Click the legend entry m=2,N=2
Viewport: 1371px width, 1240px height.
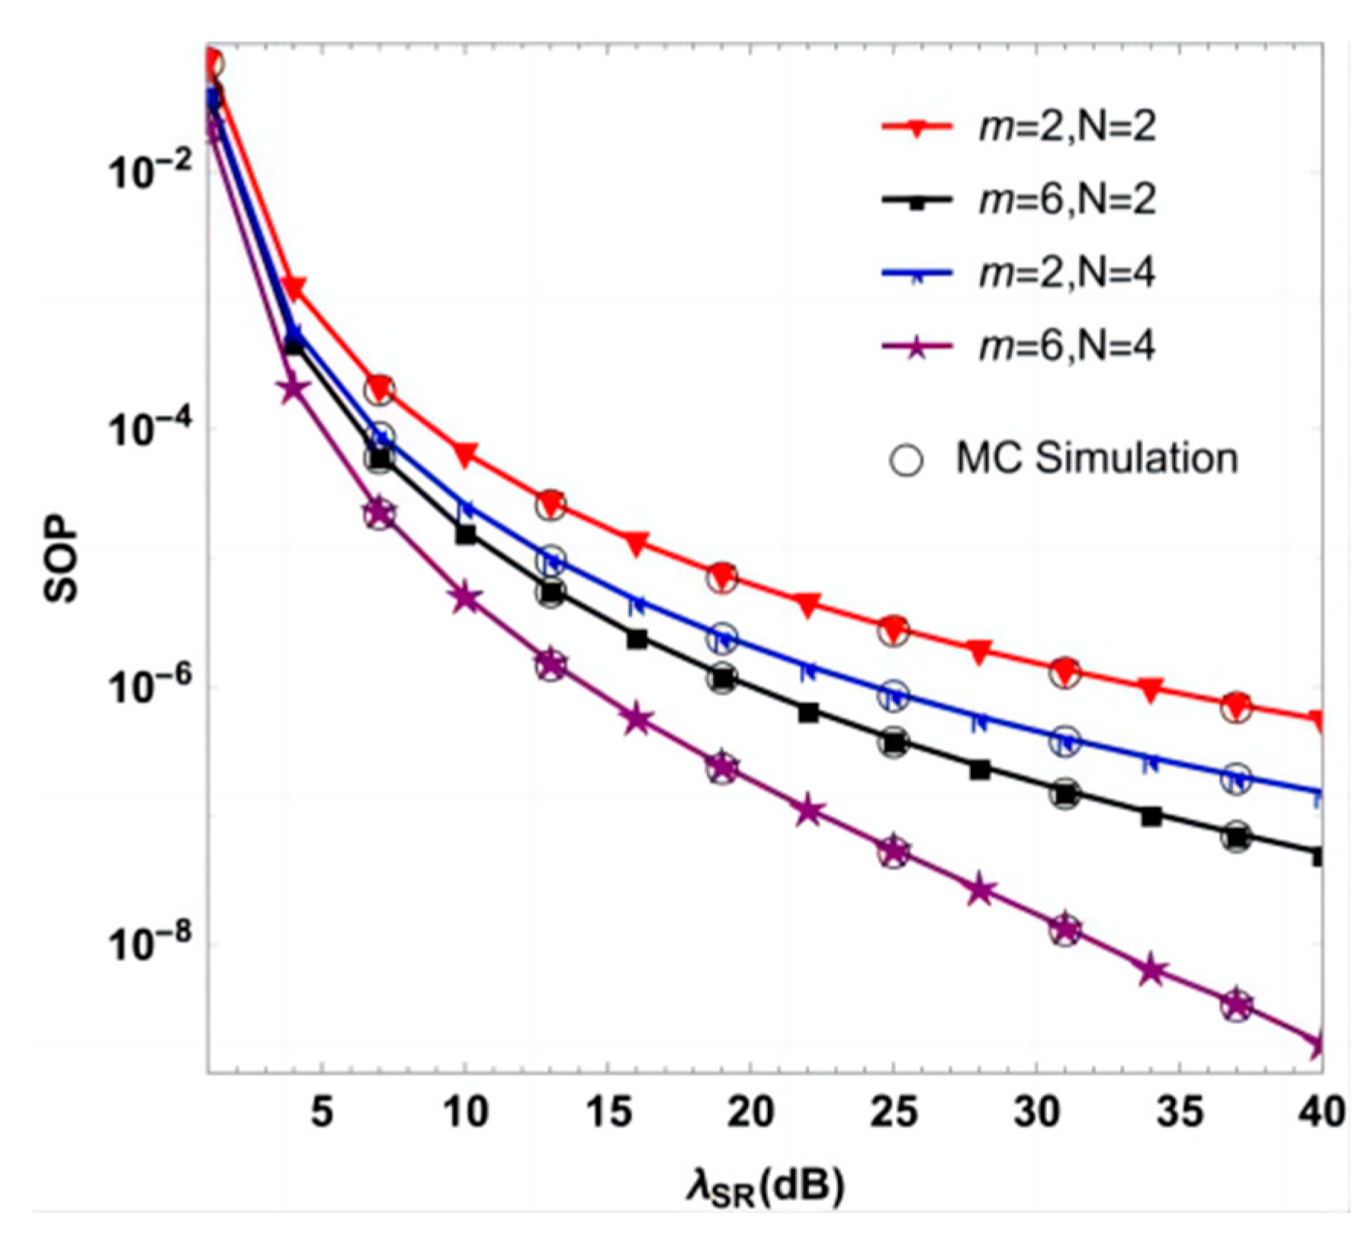(1066, 126)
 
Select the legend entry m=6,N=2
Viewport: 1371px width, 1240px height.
(1066, 200)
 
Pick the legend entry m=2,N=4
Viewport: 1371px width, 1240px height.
(1066, 273)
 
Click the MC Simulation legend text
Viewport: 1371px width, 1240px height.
(1096, 458)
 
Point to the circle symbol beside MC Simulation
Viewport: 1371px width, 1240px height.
(906, 460)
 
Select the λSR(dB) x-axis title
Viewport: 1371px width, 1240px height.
(765, 1188)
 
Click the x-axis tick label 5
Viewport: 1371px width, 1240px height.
(322, 1112)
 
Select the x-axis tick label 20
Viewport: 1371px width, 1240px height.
(750, 1112)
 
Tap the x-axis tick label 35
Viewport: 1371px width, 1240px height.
(1179, 1112)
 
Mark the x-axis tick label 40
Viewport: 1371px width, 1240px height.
(1321, 1112)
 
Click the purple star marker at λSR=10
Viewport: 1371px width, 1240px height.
(466, 598)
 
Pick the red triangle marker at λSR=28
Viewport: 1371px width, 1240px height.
(980, 651)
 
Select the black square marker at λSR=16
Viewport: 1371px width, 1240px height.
(637, 639)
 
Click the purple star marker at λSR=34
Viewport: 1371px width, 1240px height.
(1151, 971)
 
